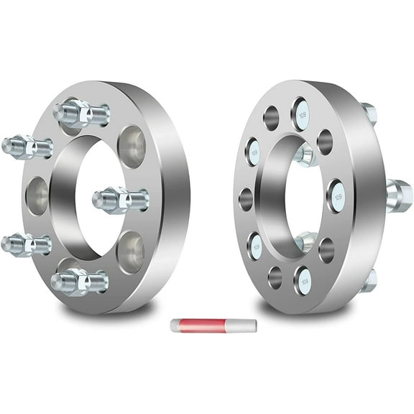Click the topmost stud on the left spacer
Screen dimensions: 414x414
coord(80,112)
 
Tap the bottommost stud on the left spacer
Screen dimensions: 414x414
coord(79,281)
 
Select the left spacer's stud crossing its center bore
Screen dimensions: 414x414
coord(120,198)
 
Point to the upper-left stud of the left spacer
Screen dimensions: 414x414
coord(27,147)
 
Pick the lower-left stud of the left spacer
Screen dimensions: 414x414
coord(26,244)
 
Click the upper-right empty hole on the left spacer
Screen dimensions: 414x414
coord(132,147)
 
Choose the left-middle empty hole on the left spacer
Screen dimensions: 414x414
coord(37,195)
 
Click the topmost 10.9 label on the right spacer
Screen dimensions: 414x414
coord(300,114)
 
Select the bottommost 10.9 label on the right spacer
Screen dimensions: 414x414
coord(303,280)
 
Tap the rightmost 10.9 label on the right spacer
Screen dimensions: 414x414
coord(336,195)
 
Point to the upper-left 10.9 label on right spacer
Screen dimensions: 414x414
coord(254,152)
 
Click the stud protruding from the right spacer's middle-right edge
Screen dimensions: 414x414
coord(399,195)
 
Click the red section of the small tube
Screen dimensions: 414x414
coord(201,325)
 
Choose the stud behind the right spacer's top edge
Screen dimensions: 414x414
coord(368,113)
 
